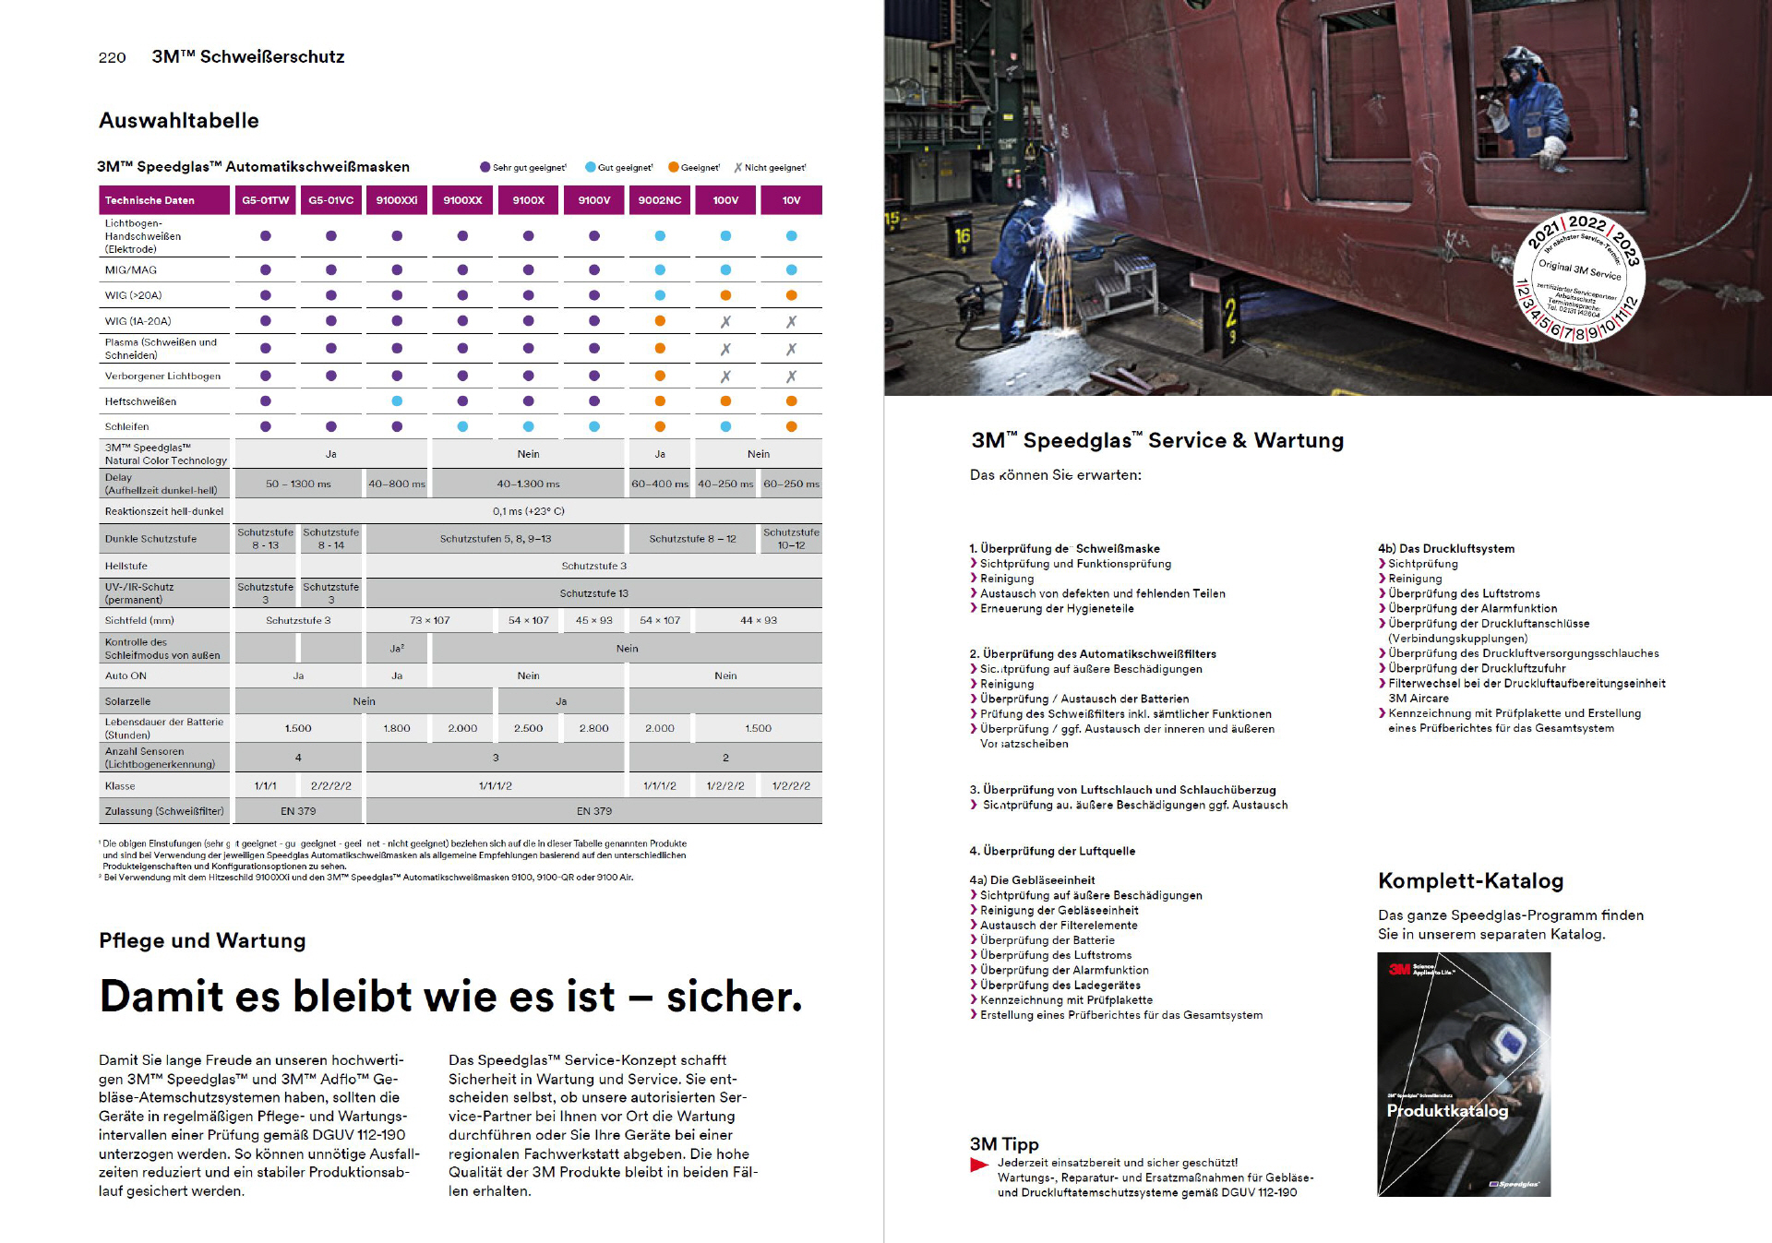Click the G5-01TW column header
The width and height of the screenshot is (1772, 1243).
click(x=265, y=200)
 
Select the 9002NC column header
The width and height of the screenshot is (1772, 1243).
click(x=660, y=200)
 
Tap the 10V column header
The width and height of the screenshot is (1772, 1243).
click(x=791, y=200)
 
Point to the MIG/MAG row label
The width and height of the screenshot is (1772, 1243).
click(x=131, y=270)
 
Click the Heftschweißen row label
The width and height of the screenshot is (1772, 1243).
click(x=140, y=401)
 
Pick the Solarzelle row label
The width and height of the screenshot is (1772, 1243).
click(x=127, y=701)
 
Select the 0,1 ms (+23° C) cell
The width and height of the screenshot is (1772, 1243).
click(x=528, y=511)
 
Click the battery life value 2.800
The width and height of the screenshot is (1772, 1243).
click(x=593, y=728)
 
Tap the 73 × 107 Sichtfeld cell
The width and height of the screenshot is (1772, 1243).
click(x=429, y=620)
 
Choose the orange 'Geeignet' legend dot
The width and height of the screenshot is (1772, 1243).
click(x=674, y=167)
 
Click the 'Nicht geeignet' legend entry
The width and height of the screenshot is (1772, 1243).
click(x=770, y=168)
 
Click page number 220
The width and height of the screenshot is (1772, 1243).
click(x=112, y=57)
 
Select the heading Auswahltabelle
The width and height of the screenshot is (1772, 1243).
click(x=179, y=121)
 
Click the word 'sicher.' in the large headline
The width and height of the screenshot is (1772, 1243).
click(x=734, y=997)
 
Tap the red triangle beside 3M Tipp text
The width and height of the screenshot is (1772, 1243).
click(x=979, y=1165)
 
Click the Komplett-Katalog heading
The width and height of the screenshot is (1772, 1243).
click(x=1470, y=880)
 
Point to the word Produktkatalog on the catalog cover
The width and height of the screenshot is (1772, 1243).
click(x=1446, y=1110)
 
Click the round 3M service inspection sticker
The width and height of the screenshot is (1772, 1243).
click(x=1579, y=278)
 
